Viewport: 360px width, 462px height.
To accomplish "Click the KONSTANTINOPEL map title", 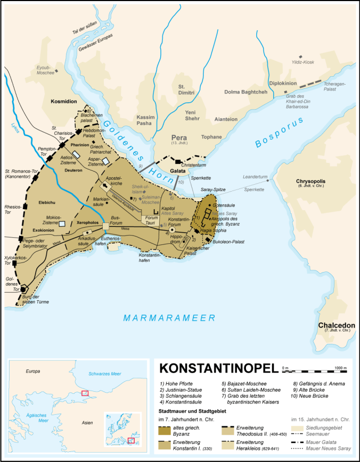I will coord(218,369).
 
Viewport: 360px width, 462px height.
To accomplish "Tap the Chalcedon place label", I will coord(333,326).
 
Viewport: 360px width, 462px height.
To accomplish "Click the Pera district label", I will coord(178,137).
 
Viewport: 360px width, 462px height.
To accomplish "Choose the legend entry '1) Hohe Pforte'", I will coord(177,383).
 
